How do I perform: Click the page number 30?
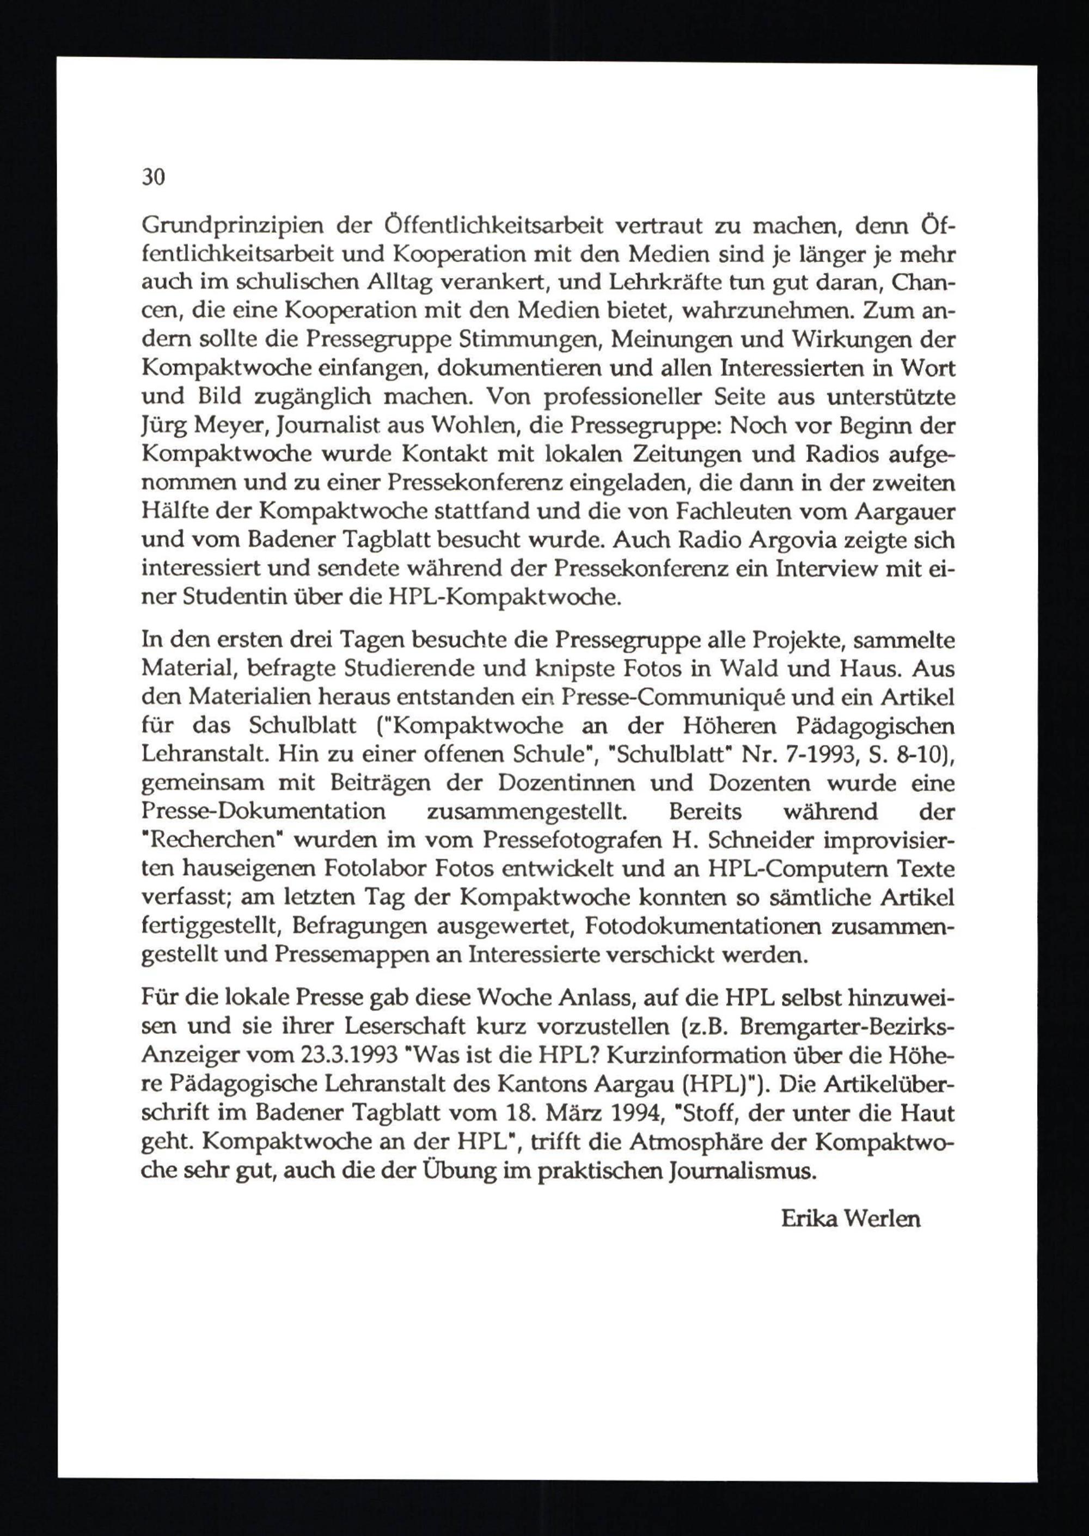tap(153, 178)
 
